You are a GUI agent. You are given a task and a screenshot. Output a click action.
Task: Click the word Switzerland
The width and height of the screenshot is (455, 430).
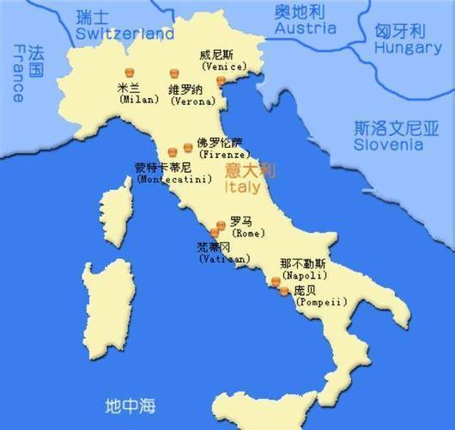[124, 34]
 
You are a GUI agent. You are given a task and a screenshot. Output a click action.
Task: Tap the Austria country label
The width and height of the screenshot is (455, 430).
[306, 28]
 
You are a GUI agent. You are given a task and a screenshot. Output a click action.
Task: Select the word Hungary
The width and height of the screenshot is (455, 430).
[408, 48]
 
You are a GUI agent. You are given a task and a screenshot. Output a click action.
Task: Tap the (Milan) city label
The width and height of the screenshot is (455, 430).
[139, 100]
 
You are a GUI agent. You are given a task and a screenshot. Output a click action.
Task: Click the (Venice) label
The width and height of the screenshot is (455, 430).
[221, 65]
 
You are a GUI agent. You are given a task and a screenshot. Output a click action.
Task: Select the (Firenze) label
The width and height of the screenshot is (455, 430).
[219, 155]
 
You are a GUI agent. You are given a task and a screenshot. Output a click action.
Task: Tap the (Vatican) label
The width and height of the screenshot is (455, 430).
[224, 258]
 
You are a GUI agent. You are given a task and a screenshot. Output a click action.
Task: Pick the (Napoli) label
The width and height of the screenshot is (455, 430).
[302, 276]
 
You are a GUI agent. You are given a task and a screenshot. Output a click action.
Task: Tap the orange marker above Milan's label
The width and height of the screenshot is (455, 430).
[130, 72]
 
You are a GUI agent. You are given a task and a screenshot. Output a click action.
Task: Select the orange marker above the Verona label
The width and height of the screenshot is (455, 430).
[175, 74]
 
